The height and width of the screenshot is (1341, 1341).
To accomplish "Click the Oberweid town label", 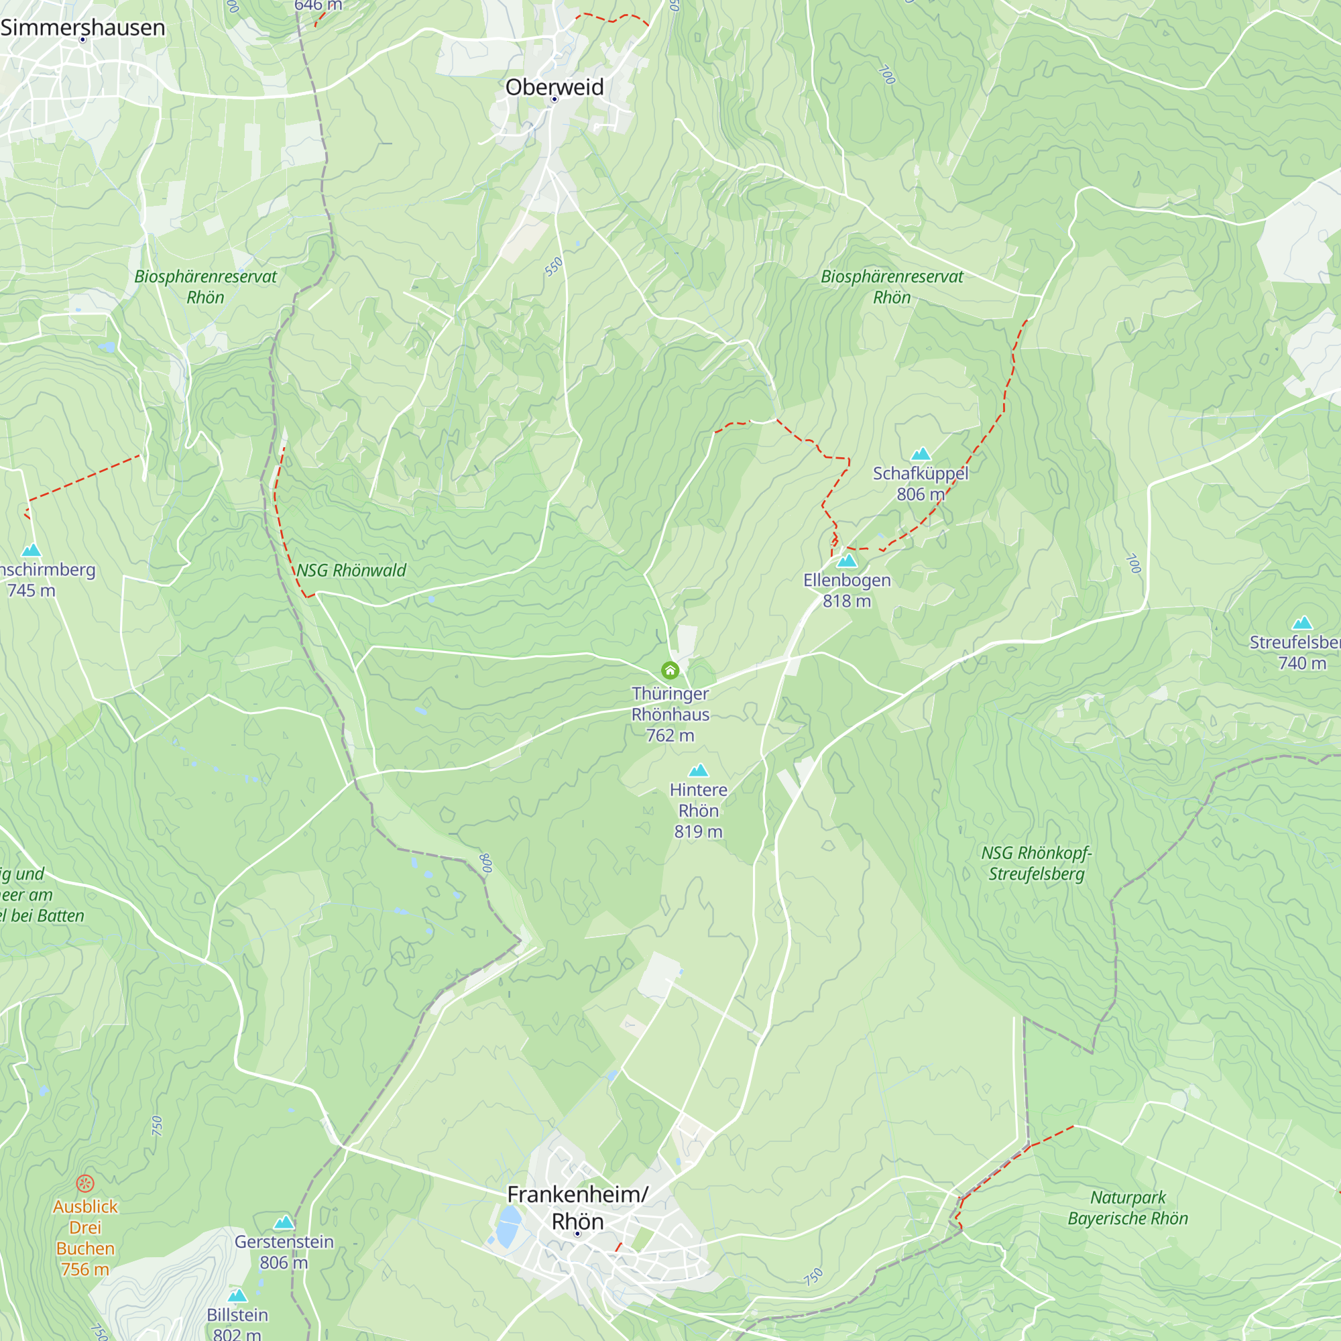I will pos(554,86).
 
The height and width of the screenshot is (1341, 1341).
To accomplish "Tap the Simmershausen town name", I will pos(82,27).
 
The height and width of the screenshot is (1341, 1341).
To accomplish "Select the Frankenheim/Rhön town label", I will pos(577,1208).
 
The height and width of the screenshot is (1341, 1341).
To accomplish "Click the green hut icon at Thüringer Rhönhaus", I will pos(670,670).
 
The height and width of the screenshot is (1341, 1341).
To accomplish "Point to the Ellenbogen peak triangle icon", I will pos(847,561).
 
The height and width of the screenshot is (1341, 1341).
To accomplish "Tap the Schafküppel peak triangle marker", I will pos(921,454).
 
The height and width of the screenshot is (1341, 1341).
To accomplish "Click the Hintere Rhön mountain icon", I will pos(698,770).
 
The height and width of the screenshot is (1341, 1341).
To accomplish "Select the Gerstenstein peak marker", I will pos(284,1222).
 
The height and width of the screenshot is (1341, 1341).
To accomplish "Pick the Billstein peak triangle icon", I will pos(237,1296).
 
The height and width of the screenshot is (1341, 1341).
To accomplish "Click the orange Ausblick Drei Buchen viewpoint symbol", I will pos(84,1183).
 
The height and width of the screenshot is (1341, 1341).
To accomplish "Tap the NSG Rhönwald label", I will pos(351,571).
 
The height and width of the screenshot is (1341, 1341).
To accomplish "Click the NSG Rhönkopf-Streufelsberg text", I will pos(1037,863).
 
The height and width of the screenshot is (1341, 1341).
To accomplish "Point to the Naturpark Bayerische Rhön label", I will pos(1127,1208).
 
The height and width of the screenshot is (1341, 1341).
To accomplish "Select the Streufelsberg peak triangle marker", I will pos(1302,624).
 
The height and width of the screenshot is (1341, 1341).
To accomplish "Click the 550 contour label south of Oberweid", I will pos(553,268).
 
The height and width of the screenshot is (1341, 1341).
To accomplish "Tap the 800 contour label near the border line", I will pos(486,863).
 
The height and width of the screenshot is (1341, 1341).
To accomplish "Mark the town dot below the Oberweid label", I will pos(554,99).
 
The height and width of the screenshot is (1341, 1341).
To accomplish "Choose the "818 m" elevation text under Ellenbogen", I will pos(847,601).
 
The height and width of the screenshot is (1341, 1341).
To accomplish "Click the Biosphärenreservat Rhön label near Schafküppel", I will pos(891,287).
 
